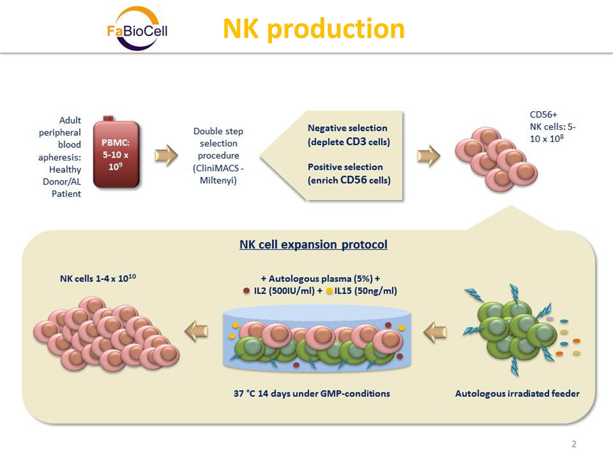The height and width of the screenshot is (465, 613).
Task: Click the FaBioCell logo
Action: [x=137, y=29]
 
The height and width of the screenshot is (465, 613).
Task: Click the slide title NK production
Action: [x=313, y=29]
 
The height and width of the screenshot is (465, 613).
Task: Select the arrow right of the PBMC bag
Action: [x=166, y=155]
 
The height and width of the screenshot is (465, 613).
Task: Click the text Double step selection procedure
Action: [x=218, y=143]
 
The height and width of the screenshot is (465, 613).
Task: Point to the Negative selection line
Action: [x=347, y=128]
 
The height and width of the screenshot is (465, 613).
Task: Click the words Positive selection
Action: [x=345, y=167]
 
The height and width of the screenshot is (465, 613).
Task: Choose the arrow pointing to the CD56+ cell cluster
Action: [x=428, y=156]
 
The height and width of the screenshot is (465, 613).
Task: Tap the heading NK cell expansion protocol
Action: [x=313, y=244]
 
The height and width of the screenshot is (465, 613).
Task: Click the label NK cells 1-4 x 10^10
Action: [x=98, y=279]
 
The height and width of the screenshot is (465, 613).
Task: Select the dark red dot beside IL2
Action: [x=246, y=291]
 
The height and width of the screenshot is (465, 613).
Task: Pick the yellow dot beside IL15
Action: [x=329, y=291]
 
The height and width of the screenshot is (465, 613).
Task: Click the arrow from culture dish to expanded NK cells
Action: [x=197, y=331]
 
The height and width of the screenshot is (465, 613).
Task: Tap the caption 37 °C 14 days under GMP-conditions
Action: [x=311, y=393]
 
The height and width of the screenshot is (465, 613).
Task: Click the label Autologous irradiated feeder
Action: [x=517, y=393]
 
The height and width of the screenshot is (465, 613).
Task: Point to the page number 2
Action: [x=574, y=444]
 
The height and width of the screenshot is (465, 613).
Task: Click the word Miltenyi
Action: [x=218, y=180]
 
